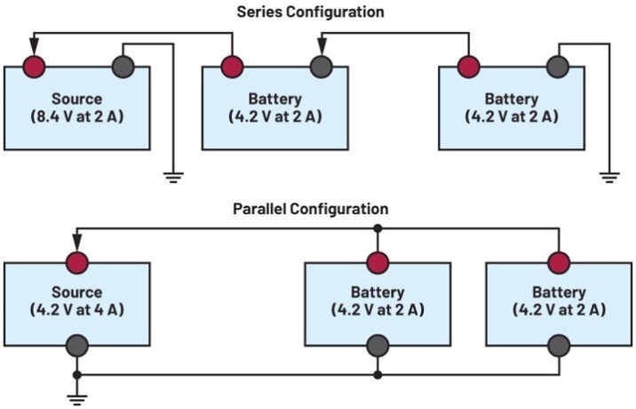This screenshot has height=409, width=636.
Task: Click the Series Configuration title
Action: pyautogui.click(x=310, y=12)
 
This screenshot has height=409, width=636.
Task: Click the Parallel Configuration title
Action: pyautogui.click(x=310, y=210)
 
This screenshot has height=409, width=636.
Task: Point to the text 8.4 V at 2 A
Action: pyautogui.click(x=77, y=116)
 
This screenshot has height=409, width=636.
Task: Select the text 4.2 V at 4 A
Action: pyautogui.click(x=77, y=309)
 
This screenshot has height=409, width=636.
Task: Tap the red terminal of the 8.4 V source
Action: pyautogui.click(x=34, y=67)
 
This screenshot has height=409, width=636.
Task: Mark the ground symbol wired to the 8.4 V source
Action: pyautogui.click(x=173, y=176)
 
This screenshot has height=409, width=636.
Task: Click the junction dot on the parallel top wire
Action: pyautogui.click(x=378, y=229)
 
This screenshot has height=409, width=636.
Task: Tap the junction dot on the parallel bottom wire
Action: pyautogui.click(x=378, y=375)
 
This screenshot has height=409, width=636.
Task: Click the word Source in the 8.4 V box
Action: pyautogui.click(x=77, y=99)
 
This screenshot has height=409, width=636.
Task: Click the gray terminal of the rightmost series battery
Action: pyautogui.click(x=557, y=67)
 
